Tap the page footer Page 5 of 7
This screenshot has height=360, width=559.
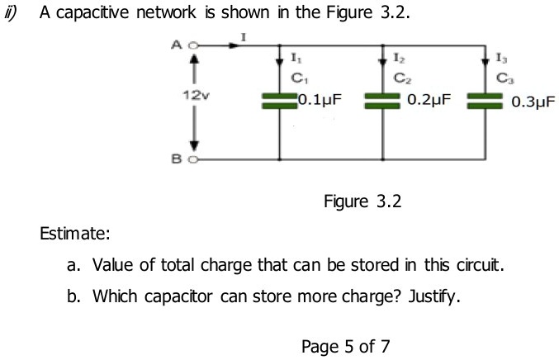[346, 345]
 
